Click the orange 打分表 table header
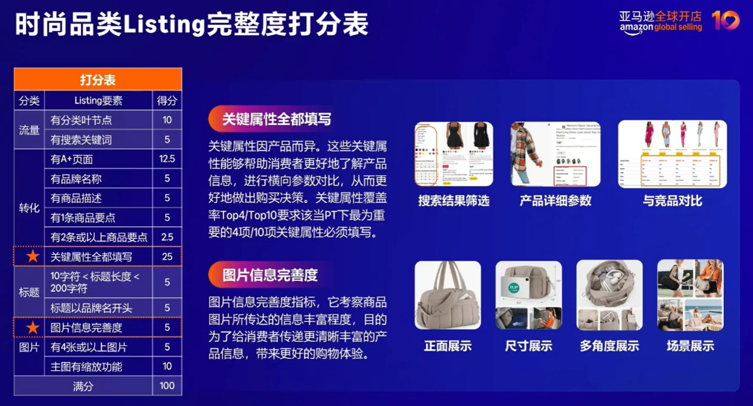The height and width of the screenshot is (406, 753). pos(98,80)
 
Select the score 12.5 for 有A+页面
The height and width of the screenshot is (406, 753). pos(167,159)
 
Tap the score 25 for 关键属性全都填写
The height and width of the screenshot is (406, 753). pos(167,257)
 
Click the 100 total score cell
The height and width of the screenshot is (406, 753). pos(167,386)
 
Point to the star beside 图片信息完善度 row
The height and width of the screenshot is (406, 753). pos(32,327)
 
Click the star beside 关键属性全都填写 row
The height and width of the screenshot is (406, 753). pos(32,257)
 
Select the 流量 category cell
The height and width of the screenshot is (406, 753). pos(29,130)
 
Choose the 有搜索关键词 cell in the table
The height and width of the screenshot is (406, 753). pos(82,140)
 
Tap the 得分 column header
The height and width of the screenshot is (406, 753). pos(167,100)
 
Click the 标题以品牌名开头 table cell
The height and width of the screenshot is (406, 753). pos(92,308)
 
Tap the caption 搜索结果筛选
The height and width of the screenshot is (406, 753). pos(454,201)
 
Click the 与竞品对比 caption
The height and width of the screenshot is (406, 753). pos(672,201)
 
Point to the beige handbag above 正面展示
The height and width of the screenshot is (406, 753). pos(448,295)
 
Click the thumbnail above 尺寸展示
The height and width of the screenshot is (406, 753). pos(529,295)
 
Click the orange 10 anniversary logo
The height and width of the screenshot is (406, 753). pos(725,20)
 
